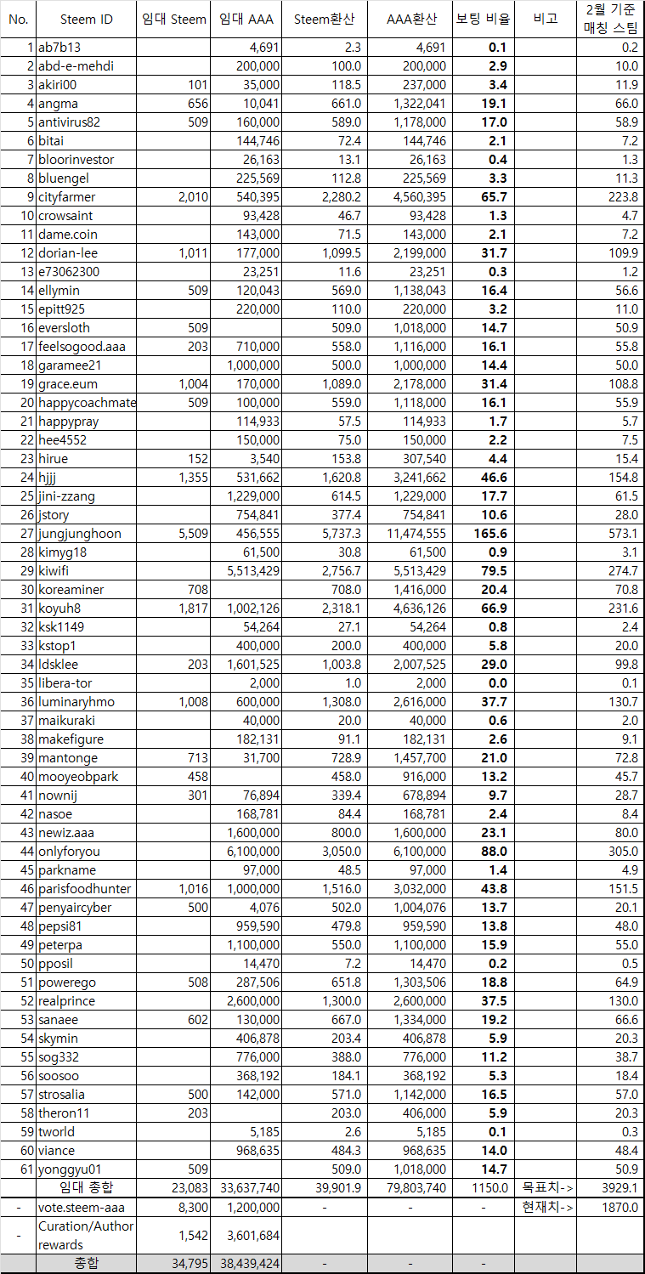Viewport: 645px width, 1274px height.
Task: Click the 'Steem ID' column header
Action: pyautogui.click(x=86, y=20)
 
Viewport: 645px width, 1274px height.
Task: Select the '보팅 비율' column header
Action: pyautogui.click(x=481, y=20)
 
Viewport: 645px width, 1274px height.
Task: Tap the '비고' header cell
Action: pyautogui.click(x=545, y=20)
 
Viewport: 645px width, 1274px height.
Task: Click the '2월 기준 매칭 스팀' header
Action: pyautogui.click(x=609, y=20)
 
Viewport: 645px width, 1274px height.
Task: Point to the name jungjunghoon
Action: pyautogui.click(x=80, y=534)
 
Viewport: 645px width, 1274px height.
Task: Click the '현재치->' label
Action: pyautogui.click(x=545, y=1207)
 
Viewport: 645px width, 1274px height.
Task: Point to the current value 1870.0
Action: pyautogui.click(x=620, y=1207)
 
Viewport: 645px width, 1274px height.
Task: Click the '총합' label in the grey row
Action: pyautogui.click(x=86, y=1264)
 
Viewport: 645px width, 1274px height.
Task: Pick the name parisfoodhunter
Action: pyautogui.click(x=85, y=889)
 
